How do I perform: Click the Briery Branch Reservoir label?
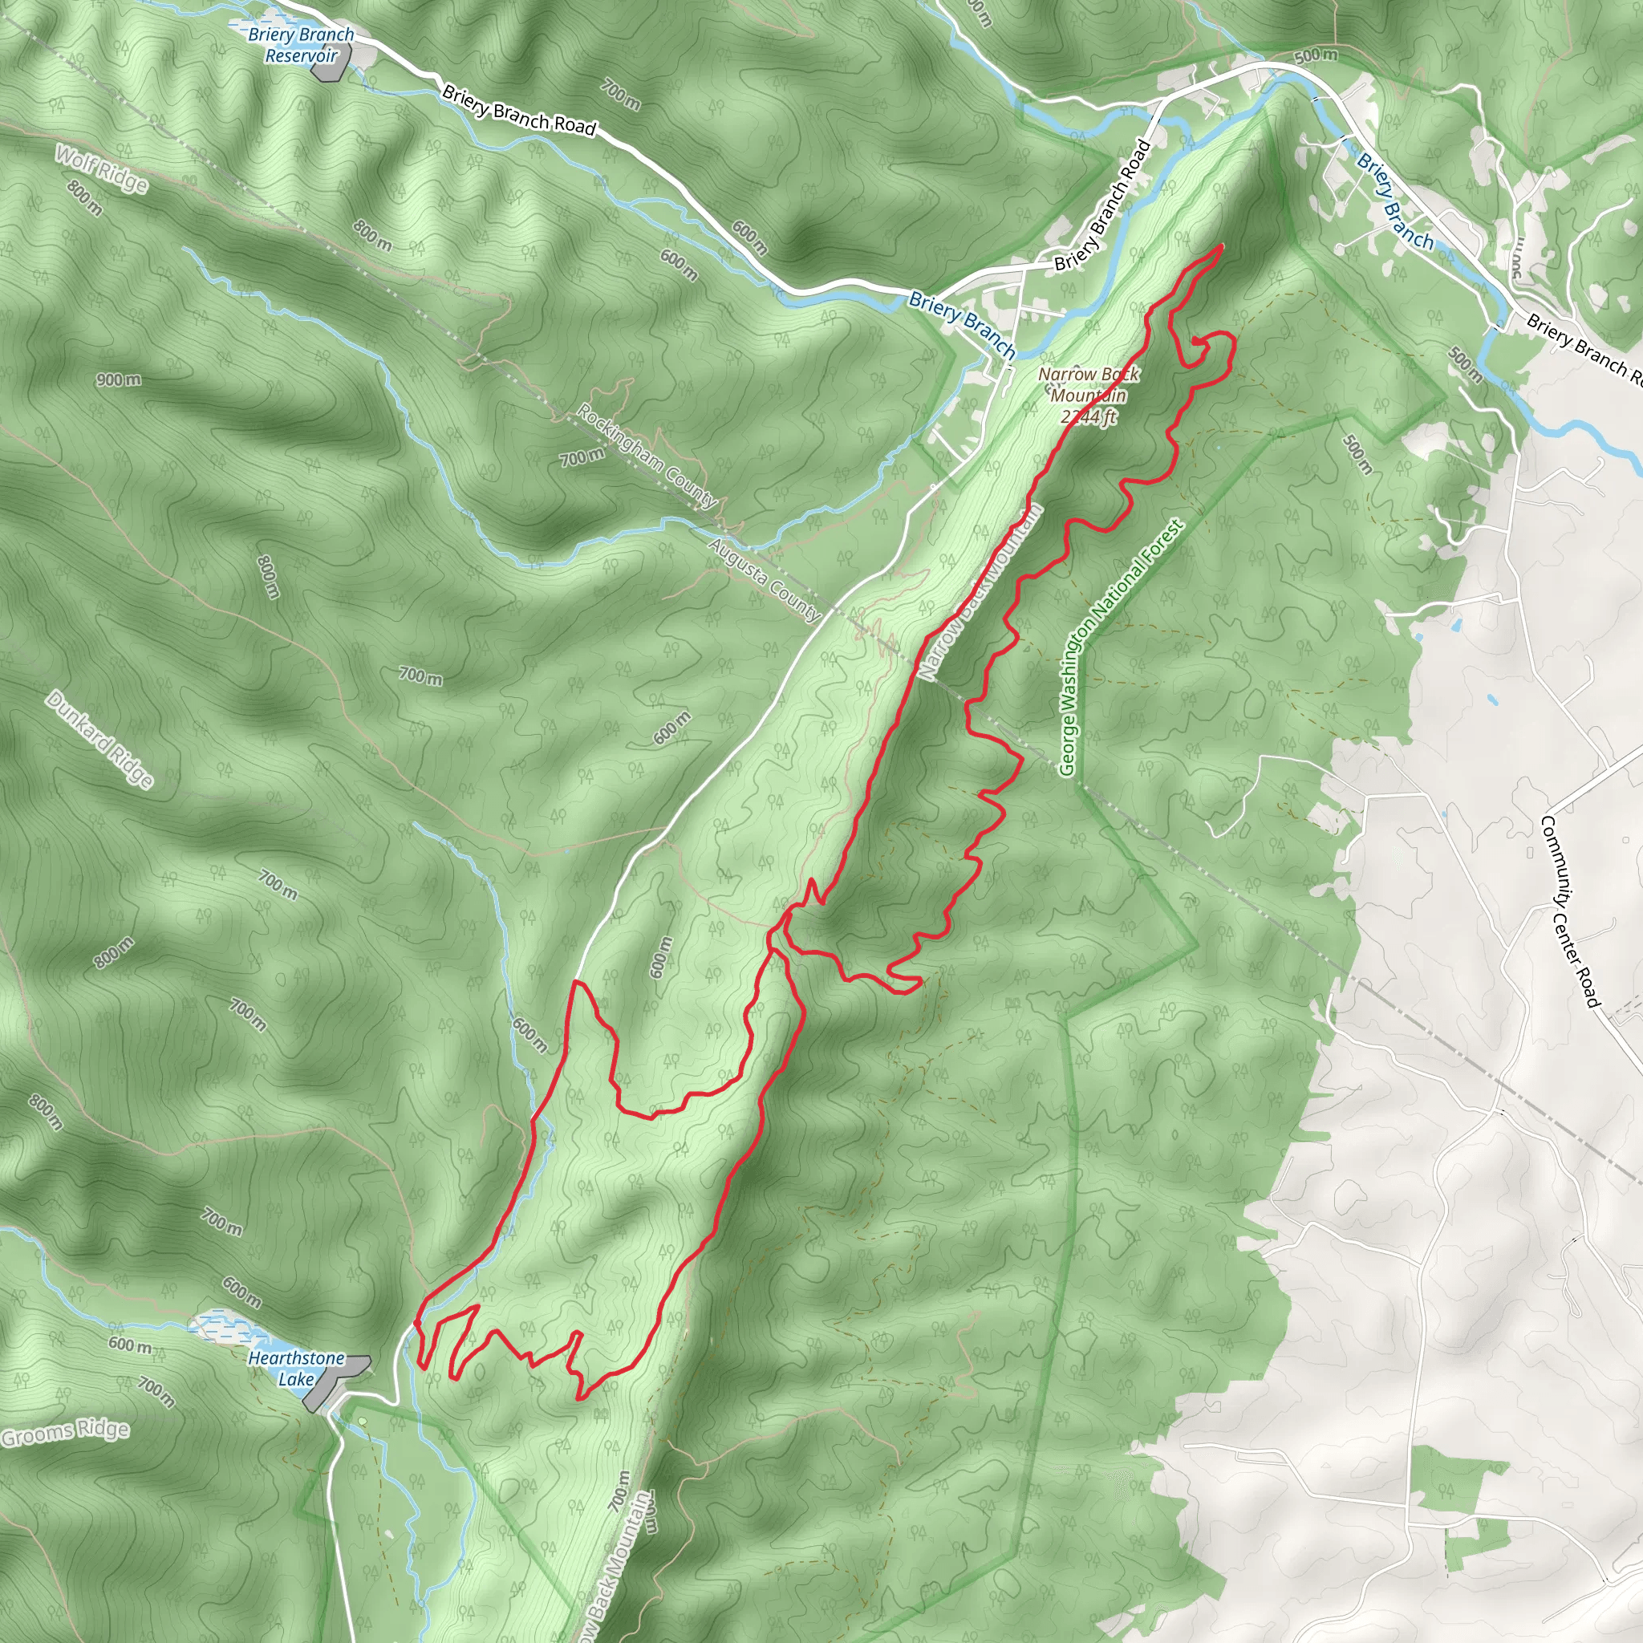click(x=301, y=45)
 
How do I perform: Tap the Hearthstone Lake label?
click(x=296, y=1369)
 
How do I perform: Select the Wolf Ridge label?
click(x=101, y=168)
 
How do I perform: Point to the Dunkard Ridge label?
click(x=100, y=739)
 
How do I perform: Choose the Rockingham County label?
click(x=647, y=455)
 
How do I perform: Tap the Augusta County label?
click(x=765, y=579)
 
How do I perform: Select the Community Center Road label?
click(x=1570, y=911)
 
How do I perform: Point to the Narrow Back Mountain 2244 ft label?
click(x=1089, y=396)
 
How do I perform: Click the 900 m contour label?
click(x=118, y=379)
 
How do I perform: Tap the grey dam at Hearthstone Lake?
click(x=337, y=1384)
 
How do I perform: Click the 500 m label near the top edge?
click(x=1316, y=56)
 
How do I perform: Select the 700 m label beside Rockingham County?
click(x=582, y=458)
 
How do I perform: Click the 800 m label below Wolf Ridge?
click(x=84, y=198)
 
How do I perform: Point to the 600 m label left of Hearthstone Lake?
click(x=130, y=1345)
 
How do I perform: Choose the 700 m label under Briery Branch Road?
click(x=621, y=93)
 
